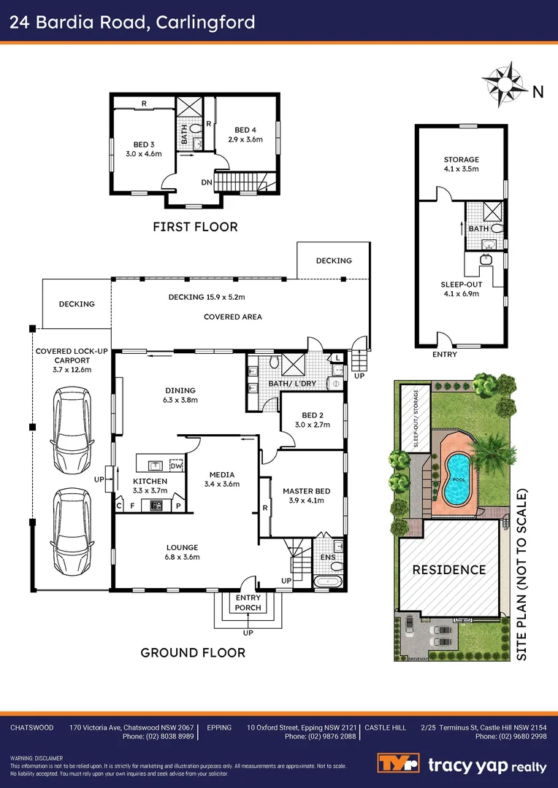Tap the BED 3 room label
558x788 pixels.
pos(142,144)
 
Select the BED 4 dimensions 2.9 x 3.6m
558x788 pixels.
pos(245,139)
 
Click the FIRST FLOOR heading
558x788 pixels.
pos(195,227)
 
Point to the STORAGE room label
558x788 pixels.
pos(462,160)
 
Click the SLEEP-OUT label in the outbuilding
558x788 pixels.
pos(462,285)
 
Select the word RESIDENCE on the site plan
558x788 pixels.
pos(449,570)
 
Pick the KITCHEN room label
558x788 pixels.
pos(150,482)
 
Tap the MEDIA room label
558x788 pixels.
pos(221,474)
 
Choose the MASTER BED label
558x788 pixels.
pos(307,491)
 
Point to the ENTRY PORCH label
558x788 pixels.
pos(248,603)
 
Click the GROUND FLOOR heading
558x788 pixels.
pos(193,652)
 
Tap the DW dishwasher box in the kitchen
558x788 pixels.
pos(175,465)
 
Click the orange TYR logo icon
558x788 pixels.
pos(397,764)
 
